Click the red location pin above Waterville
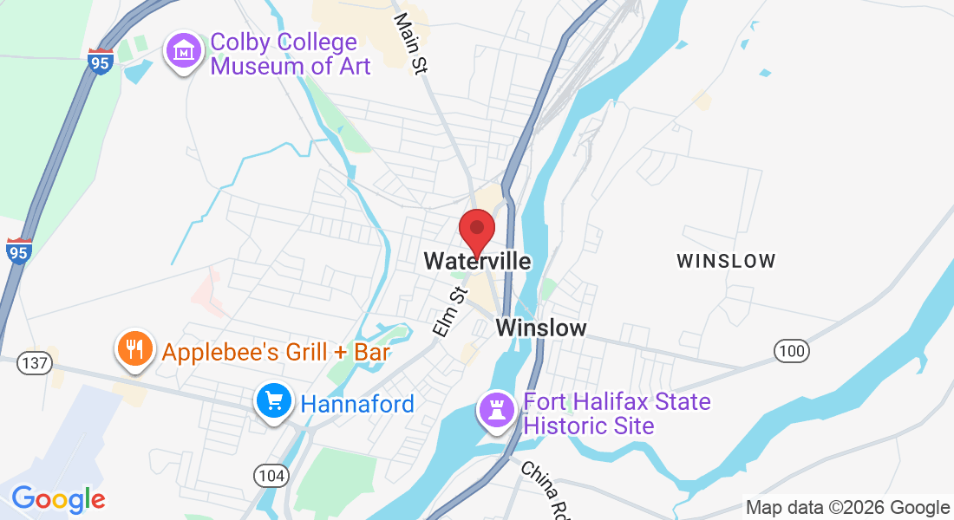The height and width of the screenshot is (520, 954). pos(476,229)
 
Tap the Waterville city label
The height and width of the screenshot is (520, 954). pos(477,261)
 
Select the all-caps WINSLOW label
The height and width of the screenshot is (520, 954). pos(726,261)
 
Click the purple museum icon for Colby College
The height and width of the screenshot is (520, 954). pos(184,52)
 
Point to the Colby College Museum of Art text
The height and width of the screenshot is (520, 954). pos(291,54)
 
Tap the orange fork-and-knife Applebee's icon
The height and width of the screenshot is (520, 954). pos(134,350)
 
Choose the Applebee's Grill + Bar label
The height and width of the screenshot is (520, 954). pos(276,353)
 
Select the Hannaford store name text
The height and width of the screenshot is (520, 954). pos(357,404)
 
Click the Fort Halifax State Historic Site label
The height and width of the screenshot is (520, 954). pos(617,414)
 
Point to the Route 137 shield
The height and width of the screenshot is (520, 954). pos(32,362)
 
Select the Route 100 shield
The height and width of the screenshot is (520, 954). pos(791,351)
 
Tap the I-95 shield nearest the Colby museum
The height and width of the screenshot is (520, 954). pos(101,62)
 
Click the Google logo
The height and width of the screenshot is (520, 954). pos(58,499)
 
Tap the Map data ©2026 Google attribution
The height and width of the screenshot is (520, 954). pos(847,508)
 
